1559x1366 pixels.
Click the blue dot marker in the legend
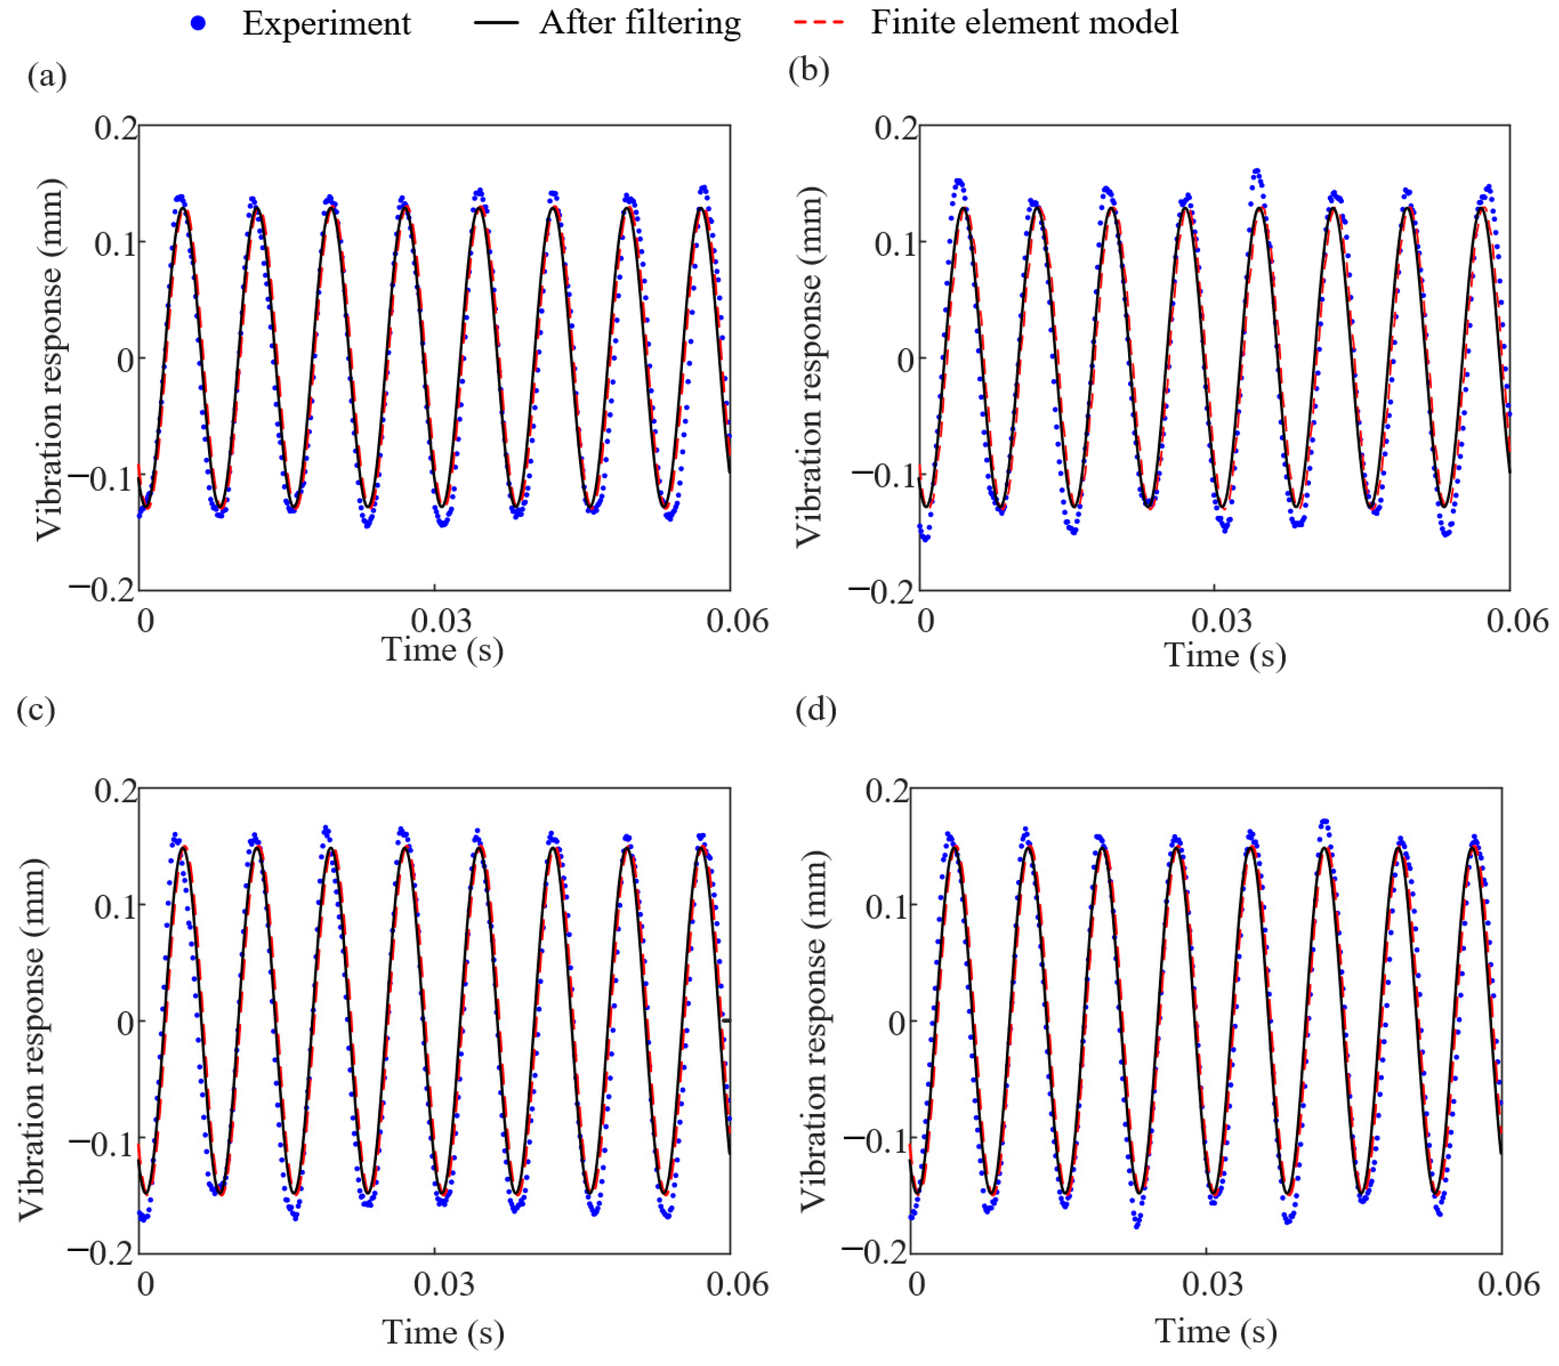(198, 24)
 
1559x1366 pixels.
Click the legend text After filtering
(639, 23)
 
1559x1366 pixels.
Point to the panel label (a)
(47, 76)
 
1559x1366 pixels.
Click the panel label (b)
(808, 70)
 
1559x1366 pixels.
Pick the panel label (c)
(36, 710)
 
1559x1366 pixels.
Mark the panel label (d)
(816, 710)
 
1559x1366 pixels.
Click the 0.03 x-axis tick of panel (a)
(442, 621)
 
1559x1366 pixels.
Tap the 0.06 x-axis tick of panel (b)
(1516, 621)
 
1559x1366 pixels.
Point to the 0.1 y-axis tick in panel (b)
(895, 244)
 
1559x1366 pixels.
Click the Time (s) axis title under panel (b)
(1224, 655)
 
